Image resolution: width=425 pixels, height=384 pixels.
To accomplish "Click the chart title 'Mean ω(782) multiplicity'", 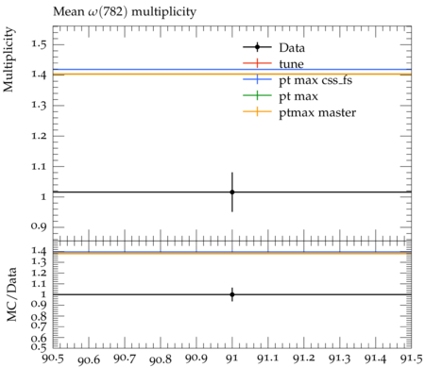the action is pyautogui.click(x=125, y=12).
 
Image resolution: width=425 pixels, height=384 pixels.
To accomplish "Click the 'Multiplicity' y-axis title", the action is pyautogui.click(x=8, y=59).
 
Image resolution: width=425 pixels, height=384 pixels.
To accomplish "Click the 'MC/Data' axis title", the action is pyautogui.click(x=11, y=294).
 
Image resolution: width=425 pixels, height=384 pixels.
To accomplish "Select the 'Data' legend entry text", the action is pyautogui.click(x=292, y=48).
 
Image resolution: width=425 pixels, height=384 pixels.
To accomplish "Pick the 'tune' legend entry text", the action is pyautogui.click(x=291, y=64).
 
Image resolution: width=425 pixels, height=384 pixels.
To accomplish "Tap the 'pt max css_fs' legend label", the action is pyautogui.click(x=315, y=80).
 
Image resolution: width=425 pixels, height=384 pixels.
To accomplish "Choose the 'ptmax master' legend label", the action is pyautogui.click(x=317, y=112).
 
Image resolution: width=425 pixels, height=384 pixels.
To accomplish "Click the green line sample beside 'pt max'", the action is pyautogui.click(x=257, y=95).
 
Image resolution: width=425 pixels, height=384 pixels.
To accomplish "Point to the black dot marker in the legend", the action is pyautogui.click(x=257, y=47).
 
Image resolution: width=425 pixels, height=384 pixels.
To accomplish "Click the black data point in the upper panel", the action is pyautogui.click(x=232, y=192).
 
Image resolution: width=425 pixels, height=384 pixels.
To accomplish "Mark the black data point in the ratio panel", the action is pyautogui.click(x=232, y=294).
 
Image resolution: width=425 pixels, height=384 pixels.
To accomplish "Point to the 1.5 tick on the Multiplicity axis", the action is pyautogui.click(x=39, y=44).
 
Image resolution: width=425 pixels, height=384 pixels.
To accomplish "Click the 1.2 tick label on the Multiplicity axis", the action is pyautogui.click(x=39, y=136).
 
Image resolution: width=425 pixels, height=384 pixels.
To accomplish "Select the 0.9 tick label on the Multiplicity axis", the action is pyautogui.click(x=39, y=227).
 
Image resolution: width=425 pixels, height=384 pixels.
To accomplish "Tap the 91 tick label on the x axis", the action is pyautogui.click(x=232, y=359).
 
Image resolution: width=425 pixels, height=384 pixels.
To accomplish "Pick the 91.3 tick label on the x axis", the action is pyautogui.click(x=339, y=359).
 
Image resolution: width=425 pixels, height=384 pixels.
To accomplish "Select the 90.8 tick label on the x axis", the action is pyautogui.click(x=161, y=359).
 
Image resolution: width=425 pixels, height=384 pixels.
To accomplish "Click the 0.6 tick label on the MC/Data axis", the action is pyautogui.click(x=39, y=339).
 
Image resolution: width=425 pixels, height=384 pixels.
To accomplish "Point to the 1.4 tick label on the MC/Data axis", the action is pyautogui.click(x=39, y=251).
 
